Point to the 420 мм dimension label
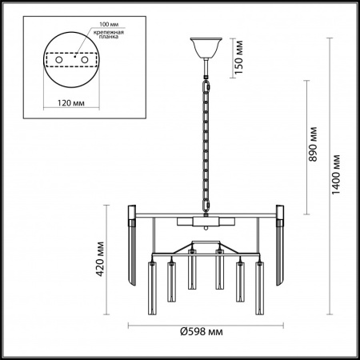(100, 258)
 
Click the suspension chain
(206, 144)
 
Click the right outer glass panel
(281, 244)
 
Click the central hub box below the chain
(206, 220)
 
